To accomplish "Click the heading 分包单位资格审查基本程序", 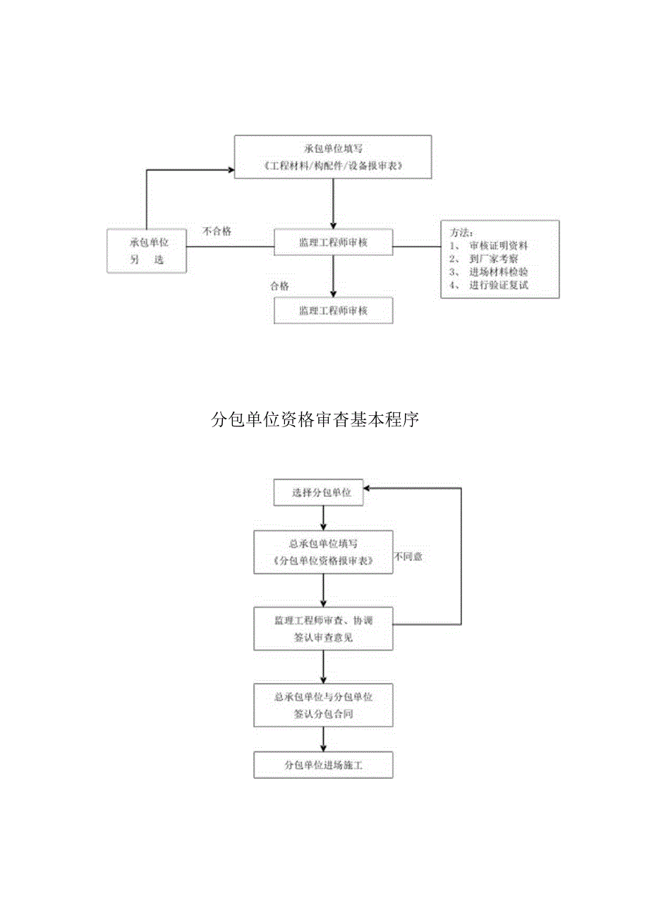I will [x=315, y=420].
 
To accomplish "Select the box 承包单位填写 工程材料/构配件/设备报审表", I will [x=332, y=157].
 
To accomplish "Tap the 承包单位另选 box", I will [x=147, y=250].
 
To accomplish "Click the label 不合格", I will [x=217, y=231].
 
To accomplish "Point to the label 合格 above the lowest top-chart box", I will [x=279, y=286].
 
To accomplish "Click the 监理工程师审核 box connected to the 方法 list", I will [x=333, y=242].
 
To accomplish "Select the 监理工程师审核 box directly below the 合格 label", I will [x=333, y=310].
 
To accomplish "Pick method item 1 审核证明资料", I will [x=498, y=246].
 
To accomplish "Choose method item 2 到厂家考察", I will [x=493, y=259].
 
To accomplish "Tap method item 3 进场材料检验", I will [x=498, y=272].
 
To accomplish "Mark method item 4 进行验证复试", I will [x=498, y=285].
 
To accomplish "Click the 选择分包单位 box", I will [x=322, y=492].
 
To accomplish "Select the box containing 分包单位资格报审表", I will [x=323, y=552].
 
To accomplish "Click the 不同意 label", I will [x=408, y=557].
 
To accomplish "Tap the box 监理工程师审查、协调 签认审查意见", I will [x=323, y=628].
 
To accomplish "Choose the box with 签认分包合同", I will [x=323, y=705].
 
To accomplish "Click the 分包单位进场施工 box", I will [x=323, y=764].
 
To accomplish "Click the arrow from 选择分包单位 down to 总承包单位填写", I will [x=323, y=518].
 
